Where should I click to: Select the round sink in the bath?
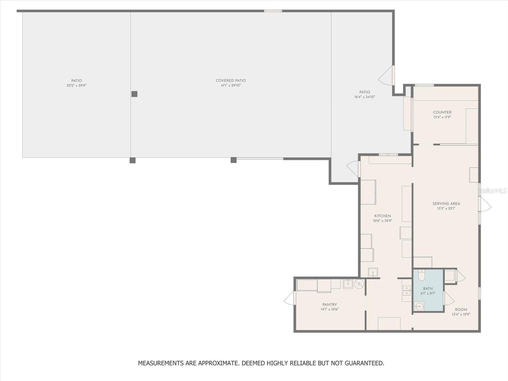(419, 306)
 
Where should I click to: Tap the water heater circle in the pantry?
(359, 284)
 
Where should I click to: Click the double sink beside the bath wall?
(406, 291)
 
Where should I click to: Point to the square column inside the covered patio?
(134, 94)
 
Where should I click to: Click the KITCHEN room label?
(382, 216)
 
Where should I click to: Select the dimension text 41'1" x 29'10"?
(231, 85)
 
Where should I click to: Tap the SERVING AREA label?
(446, 204)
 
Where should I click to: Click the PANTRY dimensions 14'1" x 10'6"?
(330, 309)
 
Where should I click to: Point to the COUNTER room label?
(442, 112)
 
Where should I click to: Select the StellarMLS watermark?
(492, 191)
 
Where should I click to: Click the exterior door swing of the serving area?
(485, 204)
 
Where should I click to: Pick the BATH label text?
(428, 289)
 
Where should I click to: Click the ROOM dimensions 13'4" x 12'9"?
(461, 314)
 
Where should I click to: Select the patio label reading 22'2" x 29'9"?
(77, 85)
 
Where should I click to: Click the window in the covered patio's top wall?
(273, 11)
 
